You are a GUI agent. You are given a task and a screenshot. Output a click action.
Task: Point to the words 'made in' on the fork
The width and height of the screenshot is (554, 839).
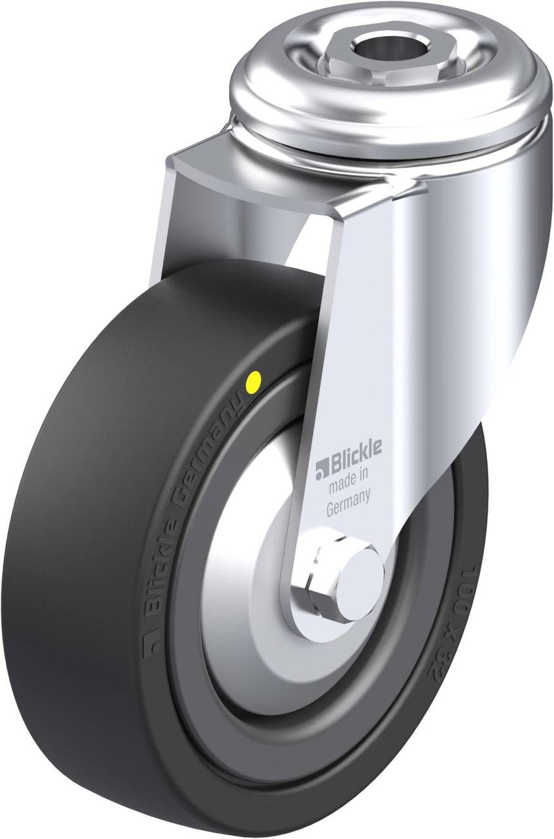348,478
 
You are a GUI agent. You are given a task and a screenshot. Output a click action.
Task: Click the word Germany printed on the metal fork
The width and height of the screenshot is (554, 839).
349,502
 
